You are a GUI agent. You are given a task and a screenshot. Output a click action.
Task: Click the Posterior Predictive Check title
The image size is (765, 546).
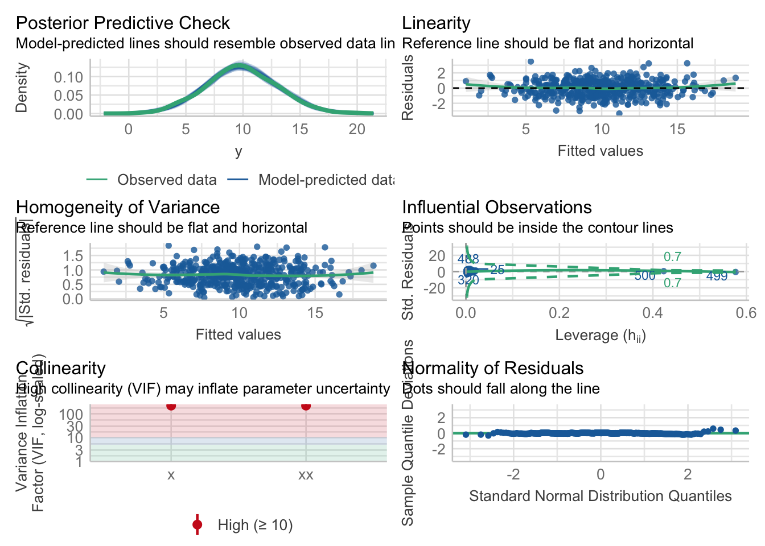click(x=122, y=23)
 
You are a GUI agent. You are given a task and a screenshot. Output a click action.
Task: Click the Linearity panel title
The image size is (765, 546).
click(x=436, y=23)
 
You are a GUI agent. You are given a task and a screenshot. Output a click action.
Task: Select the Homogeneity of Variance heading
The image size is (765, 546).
click(x=118, y=207)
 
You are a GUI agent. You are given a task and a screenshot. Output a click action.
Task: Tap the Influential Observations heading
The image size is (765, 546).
click(x=497, y=207)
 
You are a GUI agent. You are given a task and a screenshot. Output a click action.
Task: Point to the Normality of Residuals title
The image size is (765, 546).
click(x=492, y=368)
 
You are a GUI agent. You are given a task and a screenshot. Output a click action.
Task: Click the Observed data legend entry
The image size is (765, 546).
click(x=166, y=180)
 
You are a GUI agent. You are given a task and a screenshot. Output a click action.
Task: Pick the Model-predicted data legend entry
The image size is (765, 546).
click(x=324, y=180)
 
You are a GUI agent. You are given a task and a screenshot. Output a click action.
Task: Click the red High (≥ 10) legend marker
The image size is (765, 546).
click(x=198, y=525)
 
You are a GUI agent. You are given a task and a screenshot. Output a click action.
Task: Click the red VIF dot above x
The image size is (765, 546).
click(x=171, y=406)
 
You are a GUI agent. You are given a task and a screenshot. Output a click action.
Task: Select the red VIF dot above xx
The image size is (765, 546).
click(x=306, y=406)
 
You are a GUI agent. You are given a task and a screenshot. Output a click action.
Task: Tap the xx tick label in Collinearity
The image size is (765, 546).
click(x=306, y=475)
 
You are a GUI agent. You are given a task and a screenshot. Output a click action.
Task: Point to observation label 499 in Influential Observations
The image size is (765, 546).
click(x=717, y=276)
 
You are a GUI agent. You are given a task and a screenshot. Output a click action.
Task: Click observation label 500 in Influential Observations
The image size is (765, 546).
click(x=645, y=276)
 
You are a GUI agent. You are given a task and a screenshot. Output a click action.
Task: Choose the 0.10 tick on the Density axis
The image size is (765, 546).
click(x=68, y=77)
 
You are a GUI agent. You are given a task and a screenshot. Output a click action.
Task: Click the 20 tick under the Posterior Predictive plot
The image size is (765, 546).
click(x=357, y=129)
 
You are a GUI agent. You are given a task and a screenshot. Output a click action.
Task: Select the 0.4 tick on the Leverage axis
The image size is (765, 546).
click(x=652, y=313)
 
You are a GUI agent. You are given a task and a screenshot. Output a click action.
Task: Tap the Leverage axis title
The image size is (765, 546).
click(x=601, y=336)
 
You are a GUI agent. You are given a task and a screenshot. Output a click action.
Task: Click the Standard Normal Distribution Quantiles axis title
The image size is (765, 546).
click(x=601, y=496)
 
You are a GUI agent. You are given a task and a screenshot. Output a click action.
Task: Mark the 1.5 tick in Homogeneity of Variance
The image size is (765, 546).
click(x=73, y=255)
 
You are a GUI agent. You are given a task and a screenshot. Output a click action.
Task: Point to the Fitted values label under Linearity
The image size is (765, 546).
click(x=601, y=151)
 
